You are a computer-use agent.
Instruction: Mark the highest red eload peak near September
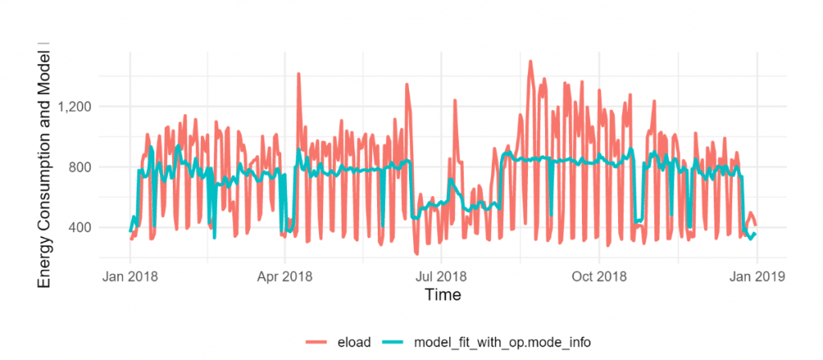pyautogui.click(x=530, y=61)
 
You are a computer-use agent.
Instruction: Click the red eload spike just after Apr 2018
pyautogui.click(x=298, y=74)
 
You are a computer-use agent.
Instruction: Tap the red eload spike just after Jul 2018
pyautogui.click(x=455, y=100)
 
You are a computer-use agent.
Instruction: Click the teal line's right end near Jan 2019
pyautogui.click(x=755, y=234)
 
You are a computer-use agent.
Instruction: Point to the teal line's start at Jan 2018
pyautogui.click(x=130, y=231)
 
